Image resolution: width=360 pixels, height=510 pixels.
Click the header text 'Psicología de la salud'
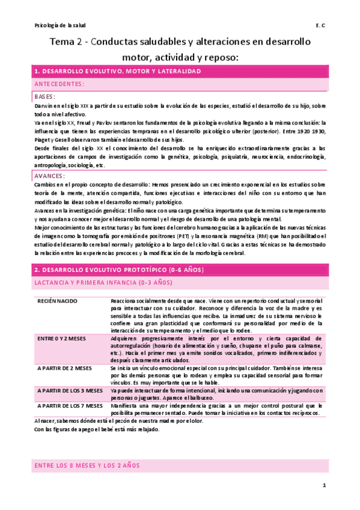(x=61, y=25)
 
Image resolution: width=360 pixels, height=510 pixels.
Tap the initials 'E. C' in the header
(x=320, y=25)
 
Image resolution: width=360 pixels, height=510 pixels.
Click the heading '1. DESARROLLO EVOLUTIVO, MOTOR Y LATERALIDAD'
(x=118, y=72)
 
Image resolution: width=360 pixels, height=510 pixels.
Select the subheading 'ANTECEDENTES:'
(x=59, y=84)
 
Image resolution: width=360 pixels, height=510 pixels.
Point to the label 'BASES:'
(x=45, y=96)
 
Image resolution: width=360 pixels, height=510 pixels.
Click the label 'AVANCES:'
(x=50, y=176)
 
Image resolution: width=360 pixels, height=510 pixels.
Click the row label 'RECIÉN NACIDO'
(x=57, y=300)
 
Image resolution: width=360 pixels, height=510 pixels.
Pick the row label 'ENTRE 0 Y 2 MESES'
(x=61, y=339)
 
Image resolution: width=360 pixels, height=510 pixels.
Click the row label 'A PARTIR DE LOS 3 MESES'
(x=70, y=390)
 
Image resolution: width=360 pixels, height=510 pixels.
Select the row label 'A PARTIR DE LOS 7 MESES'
(x=70, y=406)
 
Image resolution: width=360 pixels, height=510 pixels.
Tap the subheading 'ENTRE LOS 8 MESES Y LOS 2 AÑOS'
(x=87, y=465)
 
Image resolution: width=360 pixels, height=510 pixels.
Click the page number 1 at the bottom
(x=323, y=485)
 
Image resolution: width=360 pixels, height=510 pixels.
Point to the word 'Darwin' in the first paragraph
(x=44, y=105)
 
